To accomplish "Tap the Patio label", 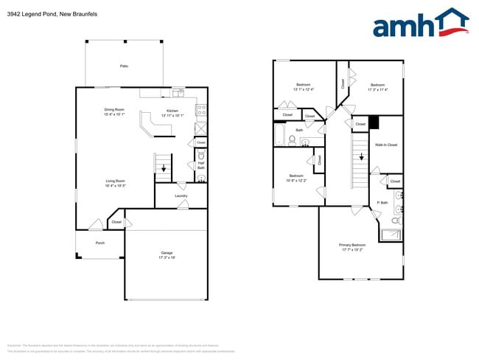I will point(124,66).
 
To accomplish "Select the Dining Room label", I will point(114,110).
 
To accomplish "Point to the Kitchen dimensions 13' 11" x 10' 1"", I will point(172,115).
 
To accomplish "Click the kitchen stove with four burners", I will point(201,111).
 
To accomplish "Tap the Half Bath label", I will point(201,167).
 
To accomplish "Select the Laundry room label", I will point(181,195).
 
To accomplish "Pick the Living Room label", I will point(115,181).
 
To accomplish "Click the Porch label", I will point(99,242).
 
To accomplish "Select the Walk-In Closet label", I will point(386,145).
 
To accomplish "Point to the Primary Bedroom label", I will point(352,244).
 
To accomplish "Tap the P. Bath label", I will point(382,202).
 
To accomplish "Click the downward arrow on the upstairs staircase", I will point(361,156).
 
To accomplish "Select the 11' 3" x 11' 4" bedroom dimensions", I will point(377,89).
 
